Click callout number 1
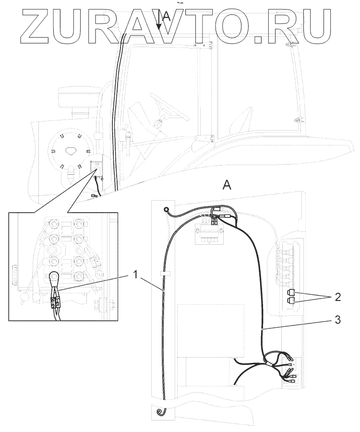pos(136,275)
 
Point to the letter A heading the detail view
pos(227,185)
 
